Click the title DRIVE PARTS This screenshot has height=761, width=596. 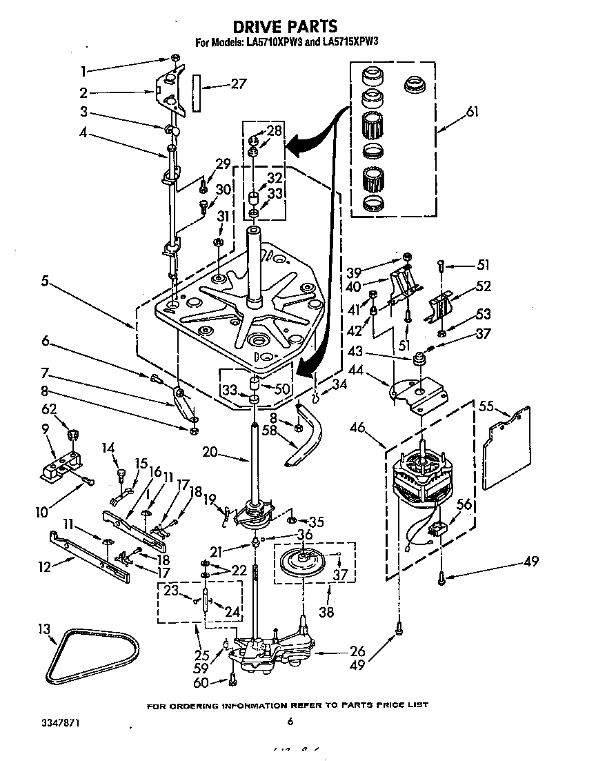[285, 27]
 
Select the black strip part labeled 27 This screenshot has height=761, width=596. [197, 94]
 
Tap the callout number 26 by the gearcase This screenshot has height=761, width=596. [357, 650]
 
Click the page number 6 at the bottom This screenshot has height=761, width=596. [290, 722]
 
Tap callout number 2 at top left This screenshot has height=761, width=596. [83, 92]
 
